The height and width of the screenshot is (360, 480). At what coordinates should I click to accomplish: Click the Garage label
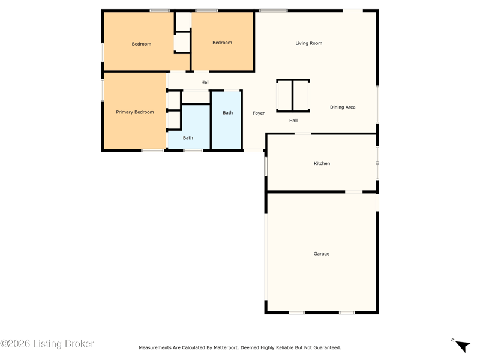[322, 254]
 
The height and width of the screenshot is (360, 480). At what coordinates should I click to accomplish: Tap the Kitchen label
[322, 163]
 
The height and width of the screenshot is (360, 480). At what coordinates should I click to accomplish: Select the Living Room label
[308, 43]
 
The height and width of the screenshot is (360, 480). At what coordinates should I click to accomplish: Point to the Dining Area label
[343, 107]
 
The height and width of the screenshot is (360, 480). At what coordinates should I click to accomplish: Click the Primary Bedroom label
[134, 112]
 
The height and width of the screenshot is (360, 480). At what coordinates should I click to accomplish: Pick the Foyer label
[259, 113]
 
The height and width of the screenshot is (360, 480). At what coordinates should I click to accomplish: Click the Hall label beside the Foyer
[293, 121]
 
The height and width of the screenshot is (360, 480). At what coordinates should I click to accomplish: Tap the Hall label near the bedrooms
[205, 82]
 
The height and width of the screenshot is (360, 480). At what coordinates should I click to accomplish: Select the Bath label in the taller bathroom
[228, 113]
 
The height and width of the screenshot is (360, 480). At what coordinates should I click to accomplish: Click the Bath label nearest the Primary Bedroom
[188, 138]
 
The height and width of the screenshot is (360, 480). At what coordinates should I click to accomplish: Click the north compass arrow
[463, 346]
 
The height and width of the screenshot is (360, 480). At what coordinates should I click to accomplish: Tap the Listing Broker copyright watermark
[47, 344]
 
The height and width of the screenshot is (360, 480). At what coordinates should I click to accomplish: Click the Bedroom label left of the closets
[142, 44]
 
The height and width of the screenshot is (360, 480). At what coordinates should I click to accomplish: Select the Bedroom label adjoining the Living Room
[222, 43]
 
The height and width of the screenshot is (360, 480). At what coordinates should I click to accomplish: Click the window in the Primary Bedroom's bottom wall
[153, 151]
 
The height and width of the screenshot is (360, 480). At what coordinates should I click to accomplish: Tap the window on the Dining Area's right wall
[377, 104]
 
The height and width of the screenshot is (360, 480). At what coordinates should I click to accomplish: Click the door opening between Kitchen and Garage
[354, 192]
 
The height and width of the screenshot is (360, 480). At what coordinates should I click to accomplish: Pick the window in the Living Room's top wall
[274, 11]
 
